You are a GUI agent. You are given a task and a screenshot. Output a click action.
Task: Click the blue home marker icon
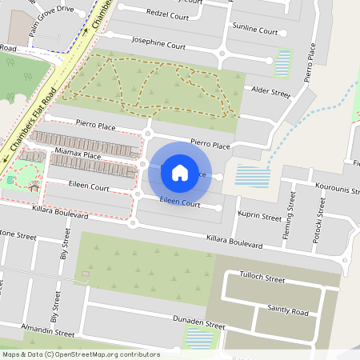(x=180, y=172)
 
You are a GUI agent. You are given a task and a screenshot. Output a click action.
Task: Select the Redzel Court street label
(x=168, y=15)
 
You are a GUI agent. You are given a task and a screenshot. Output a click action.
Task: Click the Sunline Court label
(x=254, y=30)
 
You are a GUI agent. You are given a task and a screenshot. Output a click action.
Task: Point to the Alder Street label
(x=270, y=93)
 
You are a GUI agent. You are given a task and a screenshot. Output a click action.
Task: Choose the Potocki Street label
(x=318, y=223)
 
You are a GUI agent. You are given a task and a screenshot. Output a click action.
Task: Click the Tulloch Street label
(x=264, y=280)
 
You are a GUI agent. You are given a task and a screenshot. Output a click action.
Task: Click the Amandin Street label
(x=48, y=331)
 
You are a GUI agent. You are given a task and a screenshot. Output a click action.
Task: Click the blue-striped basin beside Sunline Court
(x=283, y=60)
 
